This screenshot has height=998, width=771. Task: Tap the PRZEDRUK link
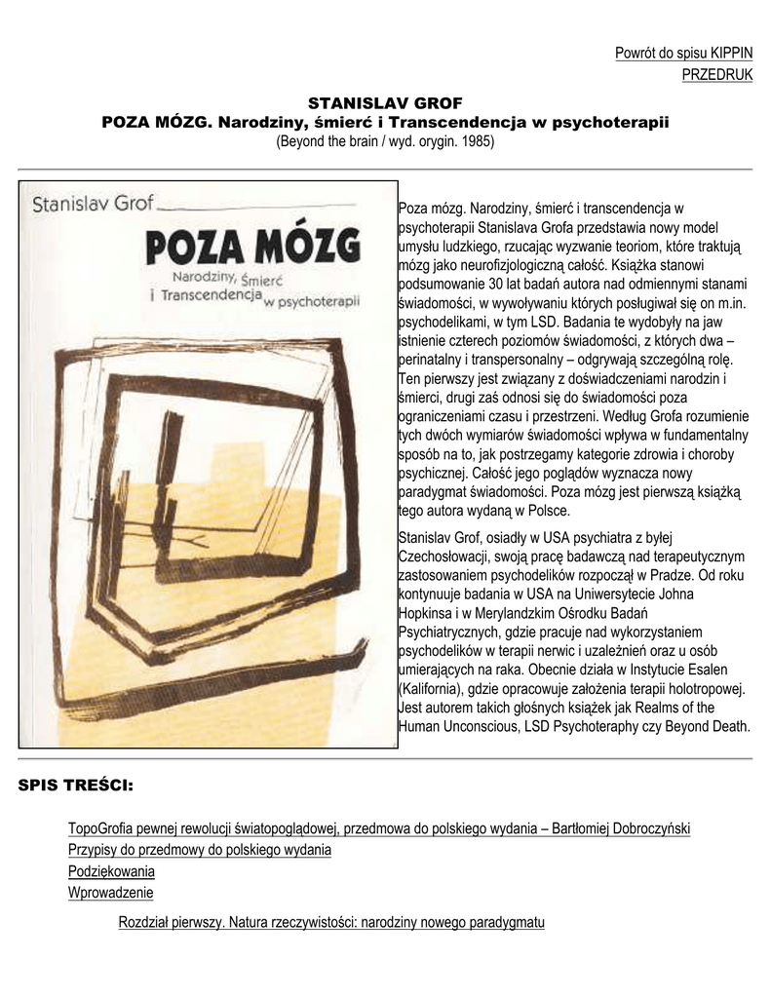[716, 75]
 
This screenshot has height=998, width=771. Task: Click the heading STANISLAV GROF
[385, 102]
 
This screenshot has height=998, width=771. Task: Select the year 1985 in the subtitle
[476, 141]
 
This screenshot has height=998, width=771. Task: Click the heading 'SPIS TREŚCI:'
[76, 785]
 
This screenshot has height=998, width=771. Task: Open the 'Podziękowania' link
[111, 871]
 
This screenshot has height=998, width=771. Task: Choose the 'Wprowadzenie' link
[110, 893]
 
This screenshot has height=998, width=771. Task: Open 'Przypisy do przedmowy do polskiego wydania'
[199, 850]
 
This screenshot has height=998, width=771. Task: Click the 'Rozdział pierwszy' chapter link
[330, 922]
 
